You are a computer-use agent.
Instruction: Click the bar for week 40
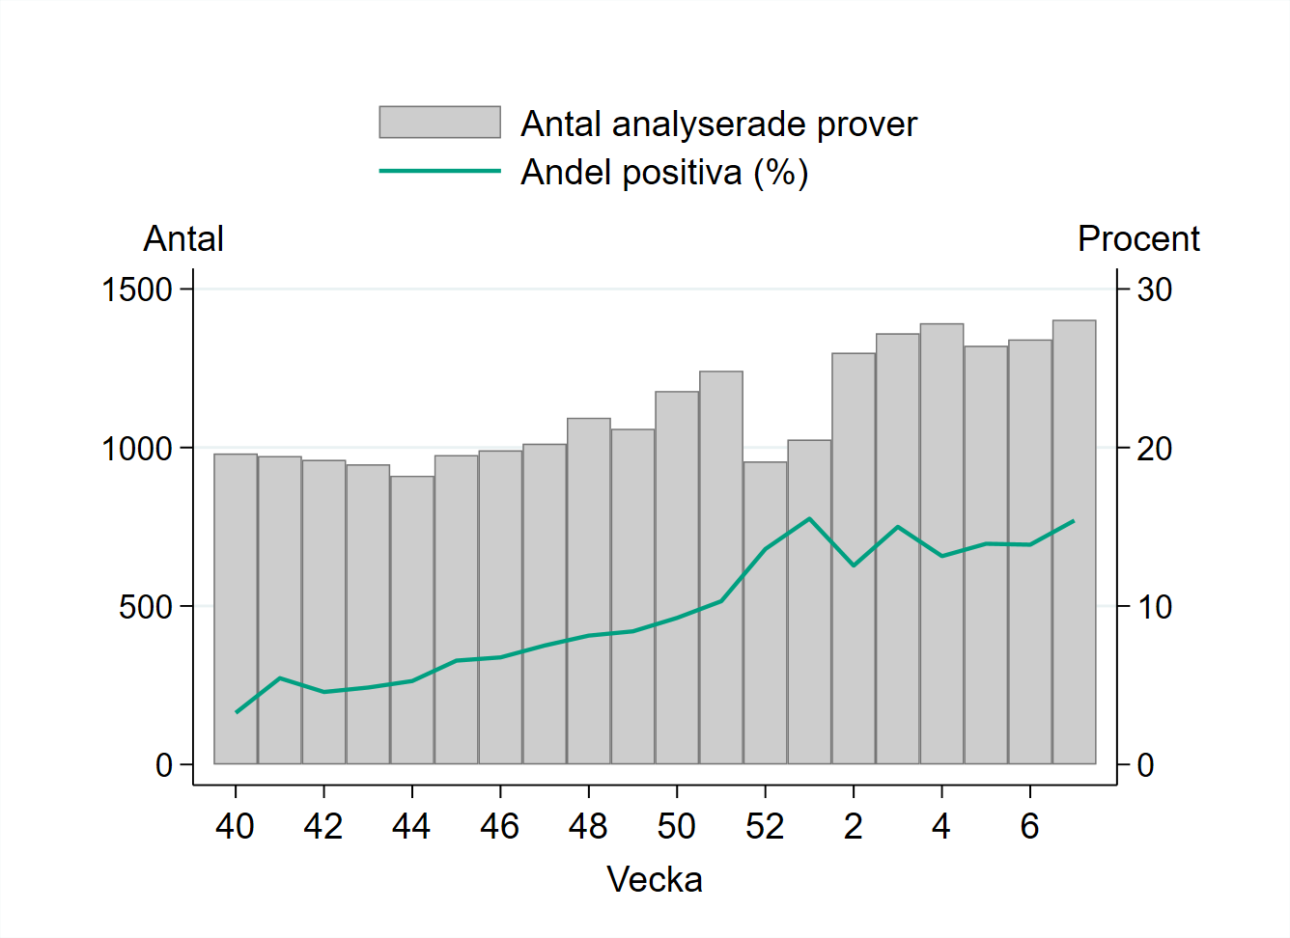(x=236, y=609)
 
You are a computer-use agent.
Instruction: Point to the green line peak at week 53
(x=809, y=519)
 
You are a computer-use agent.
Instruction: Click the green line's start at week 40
(x=237, y=712)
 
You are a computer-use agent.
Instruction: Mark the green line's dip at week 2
(x=854, y=566)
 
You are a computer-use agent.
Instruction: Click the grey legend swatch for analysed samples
(x=439, y=123)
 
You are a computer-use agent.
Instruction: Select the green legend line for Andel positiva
(x=439, y=171)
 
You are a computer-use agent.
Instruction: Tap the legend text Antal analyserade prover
(x=718, y=124)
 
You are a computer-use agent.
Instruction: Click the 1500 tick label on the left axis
(x=137, y=290)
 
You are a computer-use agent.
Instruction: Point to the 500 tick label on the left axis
(x=146, y=607)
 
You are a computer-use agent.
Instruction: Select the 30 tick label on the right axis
(x=1154, y=290)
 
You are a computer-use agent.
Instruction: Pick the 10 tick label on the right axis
(x=1154, y=607)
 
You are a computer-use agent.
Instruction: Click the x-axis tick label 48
(x=588, y=827)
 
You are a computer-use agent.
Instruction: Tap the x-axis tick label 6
(x=1029, y=827)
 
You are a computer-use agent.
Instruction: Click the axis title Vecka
(x=655, y=880)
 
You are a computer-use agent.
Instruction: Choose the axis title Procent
(x=1138, y=239)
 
